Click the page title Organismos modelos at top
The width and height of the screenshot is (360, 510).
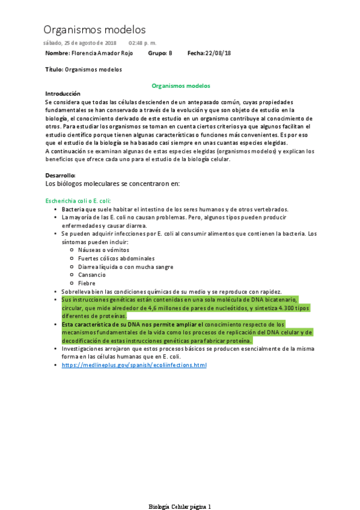click(94, 29)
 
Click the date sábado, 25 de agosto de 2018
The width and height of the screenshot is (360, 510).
click(80, 44)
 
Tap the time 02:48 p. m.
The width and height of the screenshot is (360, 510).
click(142, 44)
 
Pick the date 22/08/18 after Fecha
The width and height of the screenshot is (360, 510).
click(218, 54)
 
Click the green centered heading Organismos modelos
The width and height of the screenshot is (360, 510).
click(180, 86)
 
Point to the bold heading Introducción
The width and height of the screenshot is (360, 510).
click(63, 94)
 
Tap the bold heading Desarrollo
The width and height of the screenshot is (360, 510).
click(60, 175)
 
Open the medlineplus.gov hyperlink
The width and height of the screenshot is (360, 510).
click(134, 365)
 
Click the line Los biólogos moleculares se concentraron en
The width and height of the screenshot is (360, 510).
click(112, 183)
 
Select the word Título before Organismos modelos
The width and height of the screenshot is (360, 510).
click(53, 70)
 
